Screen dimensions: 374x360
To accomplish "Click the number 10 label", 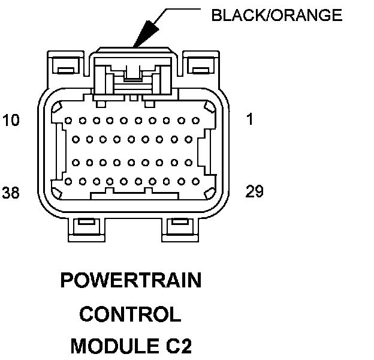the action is click(11, 120).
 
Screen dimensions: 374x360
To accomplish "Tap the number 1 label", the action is click(249, 119).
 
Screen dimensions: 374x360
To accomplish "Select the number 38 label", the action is click(11, 193).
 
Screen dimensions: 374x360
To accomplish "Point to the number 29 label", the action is click(254, 191).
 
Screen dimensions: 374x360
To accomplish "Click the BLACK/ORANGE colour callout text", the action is click(277, 15).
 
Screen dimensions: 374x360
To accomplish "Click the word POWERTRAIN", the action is click(131, 280).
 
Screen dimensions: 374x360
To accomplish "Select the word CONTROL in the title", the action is click(130, 314).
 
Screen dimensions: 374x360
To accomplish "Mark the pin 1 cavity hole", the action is click(195, 121).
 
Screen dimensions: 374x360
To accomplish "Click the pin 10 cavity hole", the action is click(68, 121).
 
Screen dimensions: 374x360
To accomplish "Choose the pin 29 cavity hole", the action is click(195, 182).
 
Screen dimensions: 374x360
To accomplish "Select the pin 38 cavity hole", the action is click(68, 182).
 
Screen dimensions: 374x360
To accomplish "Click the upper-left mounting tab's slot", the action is click(66, 70).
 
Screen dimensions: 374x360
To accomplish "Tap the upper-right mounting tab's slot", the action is click(201, 70).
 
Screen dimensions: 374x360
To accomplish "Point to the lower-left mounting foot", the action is click(86, 230).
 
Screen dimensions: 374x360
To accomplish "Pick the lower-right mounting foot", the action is click(180, 230).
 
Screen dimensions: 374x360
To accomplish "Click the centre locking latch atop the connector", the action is click(133, 74).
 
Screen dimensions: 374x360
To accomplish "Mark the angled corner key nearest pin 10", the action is click(57, 107).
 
